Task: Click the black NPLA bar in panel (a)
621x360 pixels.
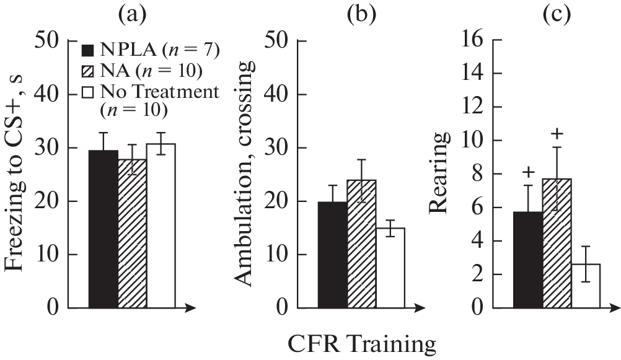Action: tap(103, 229)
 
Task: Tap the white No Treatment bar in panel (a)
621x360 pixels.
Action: tap(161, 226)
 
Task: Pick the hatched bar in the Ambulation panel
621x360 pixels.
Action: tap(361, 244)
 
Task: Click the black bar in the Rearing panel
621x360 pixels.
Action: tap(528, 260)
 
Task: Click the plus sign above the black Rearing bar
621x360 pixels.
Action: tap(528, 172)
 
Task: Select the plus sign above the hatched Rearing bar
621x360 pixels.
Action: tap(557, 133)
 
